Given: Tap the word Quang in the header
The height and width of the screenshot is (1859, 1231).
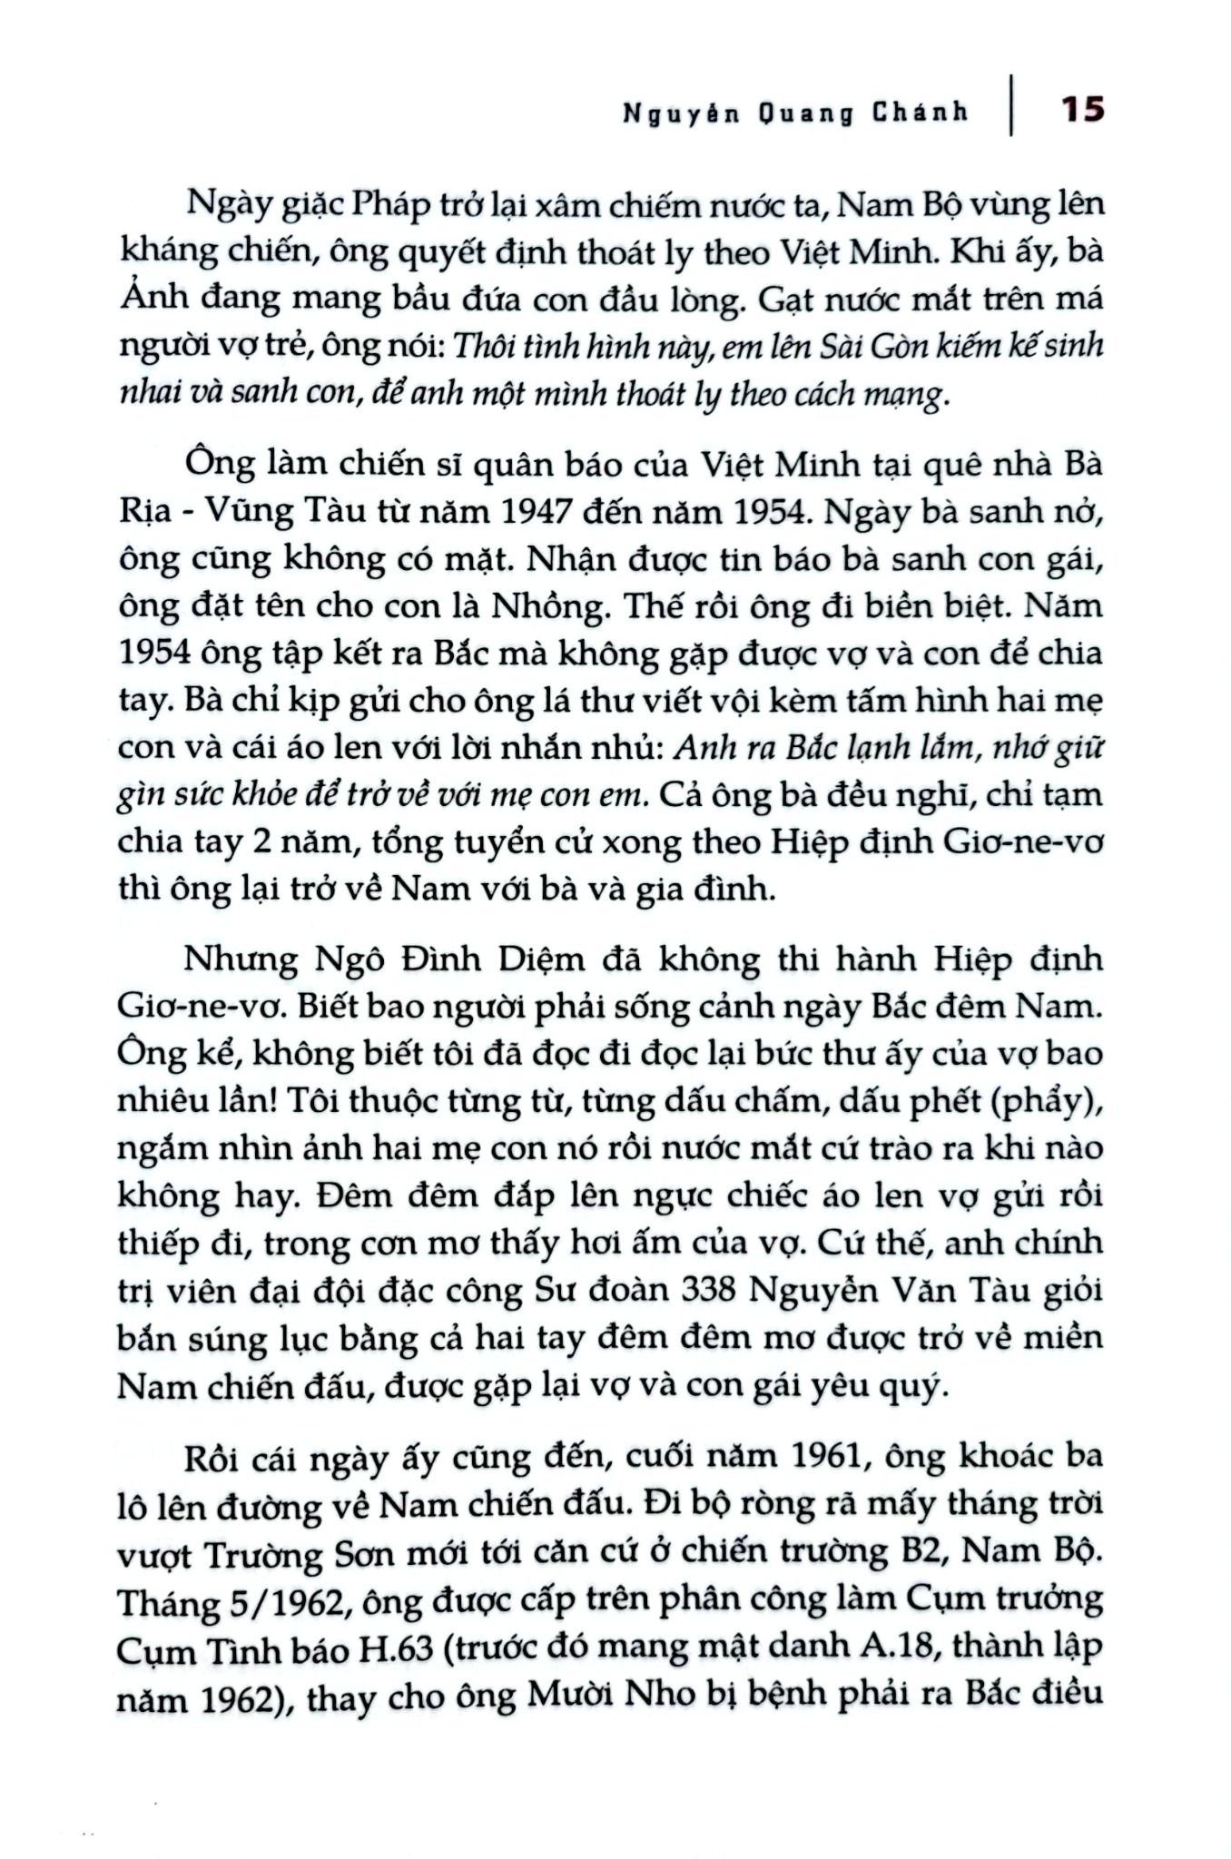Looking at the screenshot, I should click(x=806, y=113).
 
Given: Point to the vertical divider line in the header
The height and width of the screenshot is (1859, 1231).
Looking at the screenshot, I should click(x=1012, y=104).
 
